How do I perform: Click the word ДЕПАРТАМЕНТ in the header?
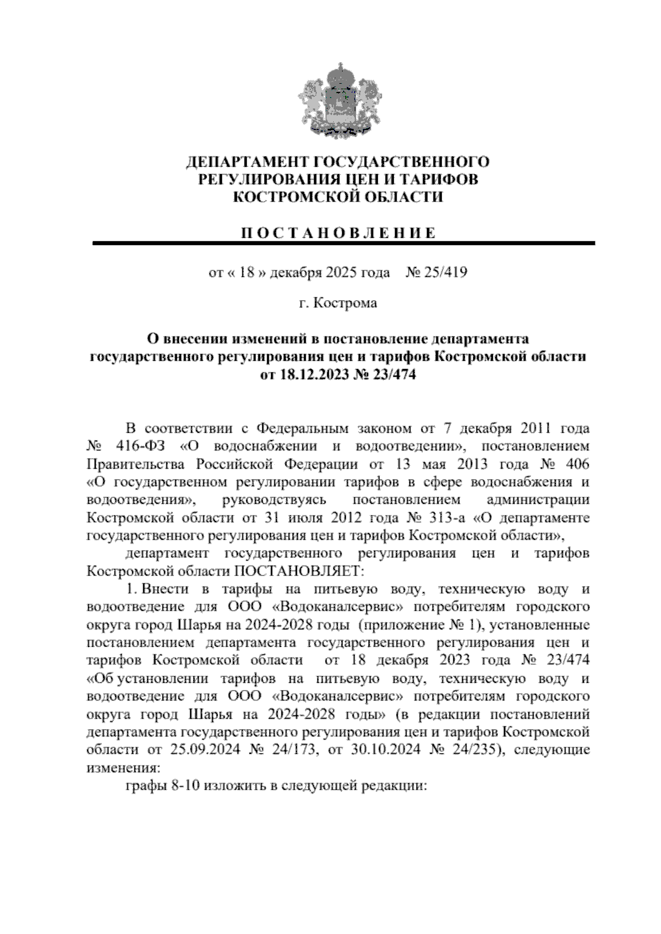[247, 162]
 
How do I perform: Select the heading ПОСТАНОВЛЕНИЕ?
[338, 232]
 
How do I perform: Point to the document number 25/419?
[445, 272]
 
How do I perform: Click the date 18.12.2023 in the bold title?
[311, 375]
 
